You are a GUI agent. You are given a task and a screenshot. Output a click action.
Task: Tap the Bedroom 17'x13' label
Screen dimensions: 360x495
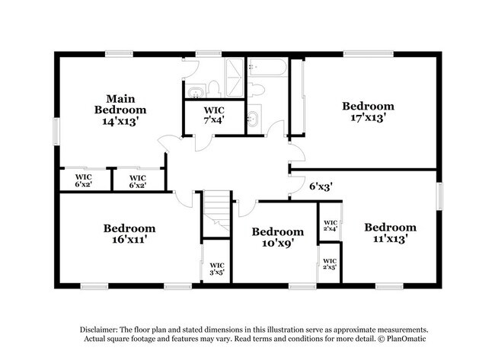coord(368,111)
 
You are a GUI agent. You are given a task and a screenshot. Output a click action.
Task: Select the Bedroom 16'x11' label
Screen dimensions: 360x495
coord(129,233)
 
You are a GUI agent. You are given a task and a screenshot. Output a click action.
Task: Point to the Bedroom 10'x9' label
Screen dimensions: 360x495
coord(278,237)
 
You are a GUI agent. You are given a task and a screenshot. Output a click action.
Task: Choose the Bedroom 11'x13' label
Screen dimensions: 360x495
coord(390,232)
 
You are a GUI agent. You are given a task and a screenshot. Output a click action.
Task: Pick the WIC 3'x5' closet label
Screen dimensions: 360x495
coord(216,269)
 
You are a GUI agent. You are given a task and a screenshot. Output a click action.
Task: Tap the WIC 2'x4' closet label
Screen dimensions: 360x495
coord(330,225)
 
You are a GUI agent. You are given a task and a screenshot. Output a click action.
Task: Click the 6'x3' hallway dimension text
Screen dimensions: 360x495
coord(320,185)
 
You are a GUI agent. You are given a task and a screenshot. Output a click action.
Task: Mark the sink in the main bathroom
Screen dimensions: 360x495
coord(196,93)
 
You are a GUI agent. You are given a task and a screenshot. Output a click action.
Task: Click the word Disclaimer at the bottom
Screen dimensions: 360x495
coord(103,327)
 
